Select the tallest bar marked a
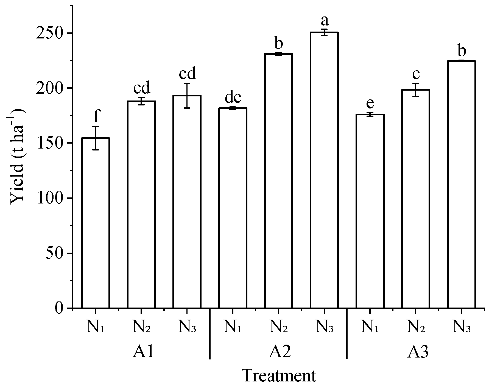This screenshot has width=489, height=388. tap(324, 170)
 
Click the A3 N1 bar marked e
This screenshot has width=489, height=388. tap(370, 211)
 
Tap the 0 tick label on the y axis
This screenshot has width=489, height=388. tap(58, 308)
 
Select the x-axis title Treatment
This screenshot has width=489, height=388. tap(279, 376)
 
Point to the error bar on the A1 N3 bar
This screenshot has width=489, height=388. tap(187, 96)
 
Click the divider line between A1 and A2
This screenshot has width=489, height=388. tap(210, 334)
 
